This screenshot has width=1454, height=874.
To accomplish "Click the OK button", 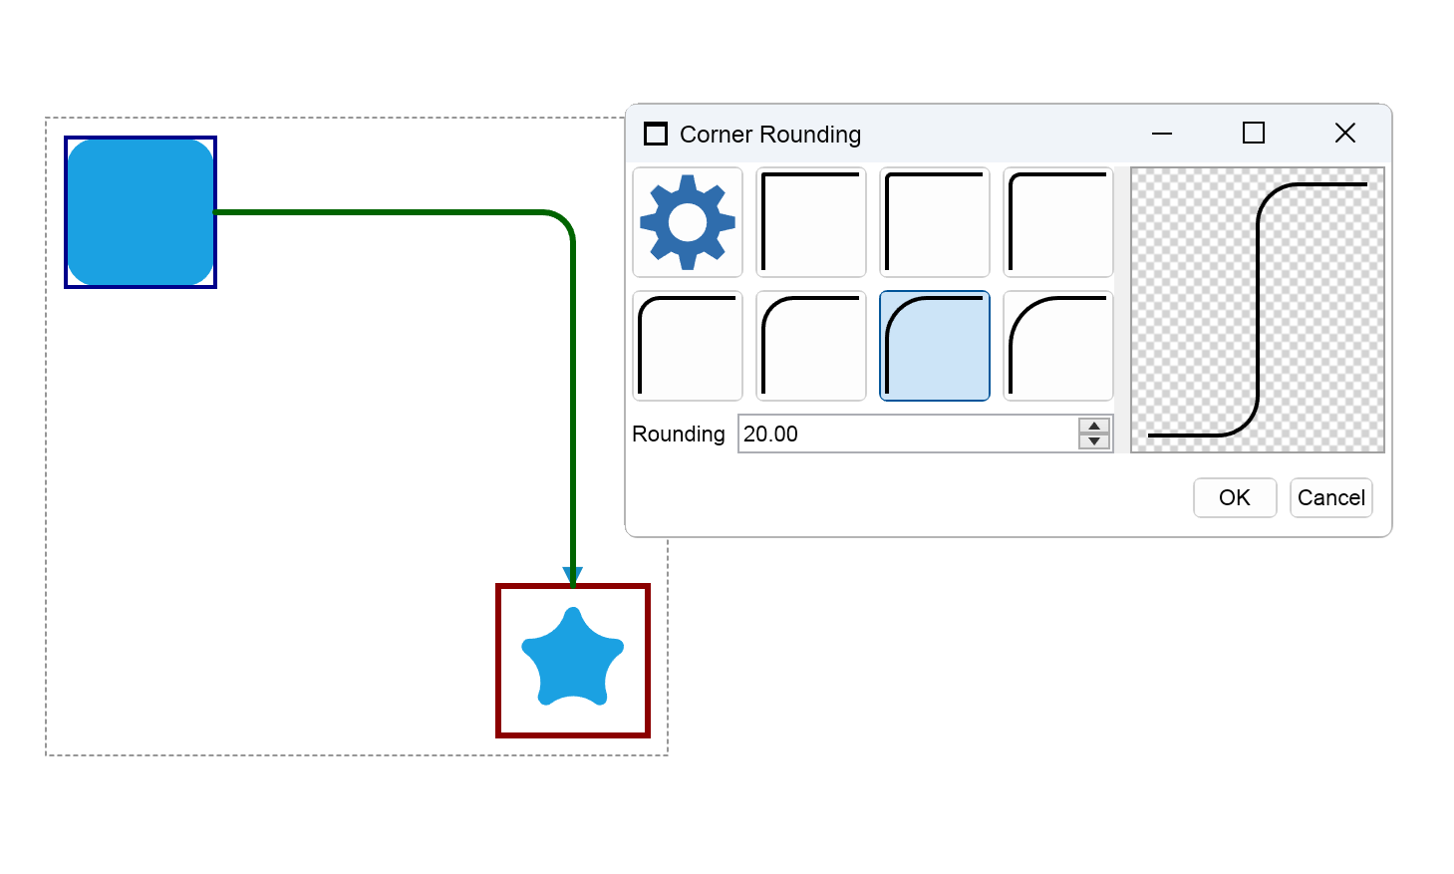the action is (x=1235, y=498).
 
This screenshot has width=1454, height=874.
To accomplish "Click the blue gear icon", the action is (x=688, y=222).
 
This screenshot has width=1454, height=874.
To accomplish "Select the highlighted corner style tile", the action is (x=935, y=346).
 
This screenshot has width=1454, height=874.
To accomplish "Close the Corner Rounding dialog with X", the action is (x=1345, y=134).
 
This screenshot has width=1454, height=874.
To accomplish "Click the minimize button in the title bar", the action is (x=1162, y=134).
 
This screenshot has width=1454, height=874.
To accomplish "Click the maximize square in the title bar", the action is (x=1254, y=134).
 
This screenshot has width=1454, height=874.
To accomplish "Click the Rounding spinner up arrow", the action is (x=1094, y=426).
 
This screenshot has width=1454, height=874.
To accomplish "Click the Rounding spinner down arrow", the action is (x=1094, y=441).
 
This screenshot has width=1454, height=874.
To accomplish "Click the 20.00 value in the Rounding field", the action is (x=770, y=434).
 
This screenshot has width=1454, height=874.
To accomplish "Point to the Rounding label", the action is (x=679, y=434).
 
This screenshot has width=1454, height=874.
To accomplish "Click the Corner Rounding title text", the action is (x=770, y=135).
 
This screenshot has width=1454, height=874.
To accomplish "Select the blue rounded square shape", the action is (x=141, y=212).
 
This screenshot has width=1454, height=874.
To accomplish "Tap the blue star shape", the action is (x=572, y=657).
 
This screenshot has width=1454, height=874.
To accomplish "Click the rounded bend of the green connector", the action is (x=563, y=222).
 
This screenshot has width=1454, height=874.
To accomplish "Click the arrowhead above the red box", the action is (x=572, y=575).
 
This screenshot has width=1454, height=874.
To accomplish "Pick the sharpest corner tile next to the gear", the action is (x=811, y=222).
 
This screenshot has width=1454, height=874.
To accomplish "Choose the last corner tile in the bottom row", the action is (x=1058, y=346).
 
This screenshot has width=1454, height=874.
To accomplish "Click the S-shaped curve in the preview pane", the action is (x=1258, y=310).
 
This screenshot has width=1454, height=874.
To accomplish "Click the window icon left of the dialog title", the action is (x=656, y=135).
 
